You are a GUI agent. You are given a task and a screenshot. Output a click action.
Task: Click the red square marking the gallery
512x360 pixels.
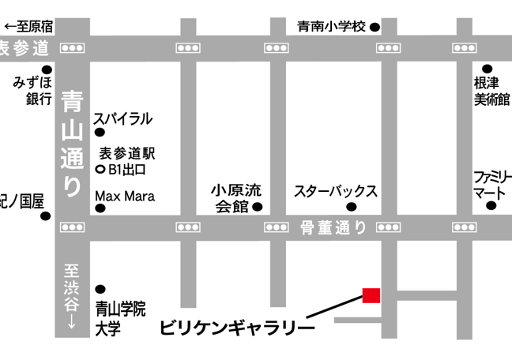click(371, 295)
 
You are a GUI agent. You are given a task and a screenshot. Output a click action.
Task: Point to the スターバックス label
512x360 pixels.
click(335, 191)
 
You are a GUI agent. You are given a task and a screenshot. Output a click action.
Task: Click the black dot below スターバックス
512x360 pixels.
click(352, 208)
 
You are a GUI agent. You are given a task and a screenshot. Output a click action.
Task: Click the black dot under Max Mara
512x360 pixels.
click(100, 208)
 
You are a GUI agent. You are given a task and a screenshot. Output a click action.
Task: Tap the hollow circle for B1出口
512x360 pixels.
click(100, 170)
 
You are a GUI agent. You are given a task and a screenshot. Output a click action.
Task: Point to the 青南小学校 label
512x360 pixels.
click(332, 27)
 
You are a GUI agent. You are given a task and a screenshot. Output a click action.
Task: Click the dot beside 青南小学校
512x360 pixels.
click(375, 28)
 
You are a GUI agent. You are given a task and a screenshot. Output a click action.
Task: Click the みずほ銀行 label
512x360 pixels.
click(33, 90)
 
